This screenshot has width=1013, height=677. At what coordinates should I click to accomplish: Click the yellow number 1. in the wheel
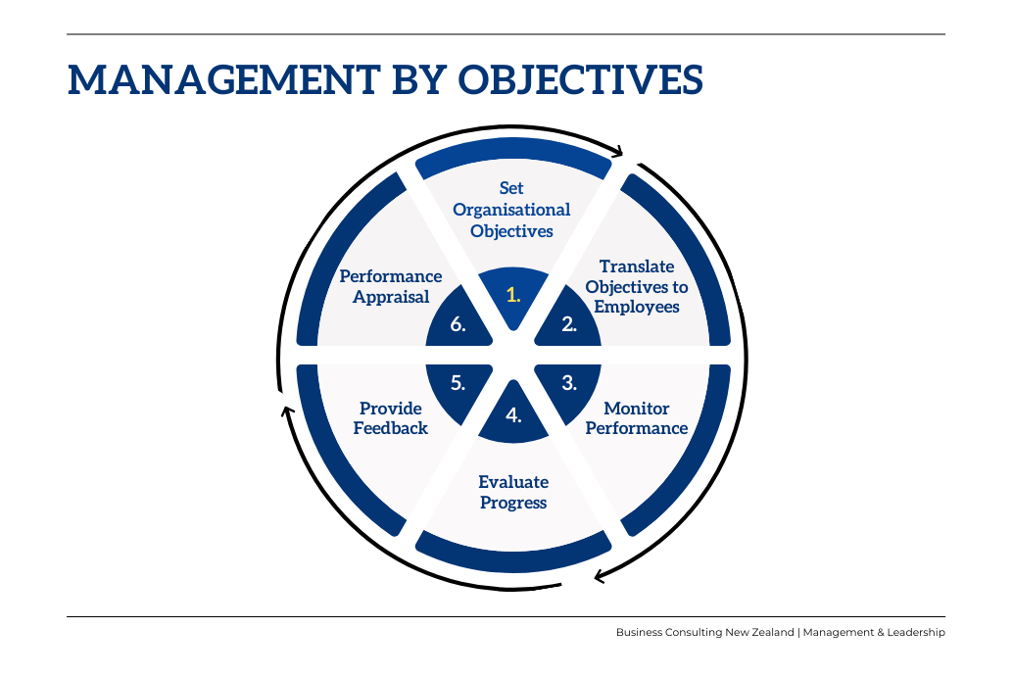513,294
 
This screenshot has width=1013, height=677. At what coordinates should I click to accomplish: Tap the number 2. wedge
569,324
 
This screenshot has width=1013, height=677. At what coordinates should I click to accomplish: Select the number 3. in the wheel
569,383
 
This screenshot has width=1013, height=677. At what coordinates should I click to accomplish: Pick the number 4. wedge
513,414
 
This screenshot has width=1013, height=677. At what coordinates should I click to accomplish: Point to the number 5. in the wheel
458,383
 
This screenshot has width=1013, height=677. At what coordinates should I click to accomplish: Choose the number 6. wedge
458,324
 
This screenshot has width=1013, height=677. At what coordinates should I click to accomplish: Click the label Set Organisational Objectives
511,210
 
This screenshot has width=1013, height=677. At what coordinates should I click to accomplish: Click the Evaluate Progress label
513,492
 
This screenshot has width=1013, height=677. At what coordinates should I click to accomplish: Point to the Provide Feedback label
391,418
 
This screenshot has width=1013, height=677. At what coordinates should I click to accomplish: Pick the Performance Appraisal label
391,287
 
